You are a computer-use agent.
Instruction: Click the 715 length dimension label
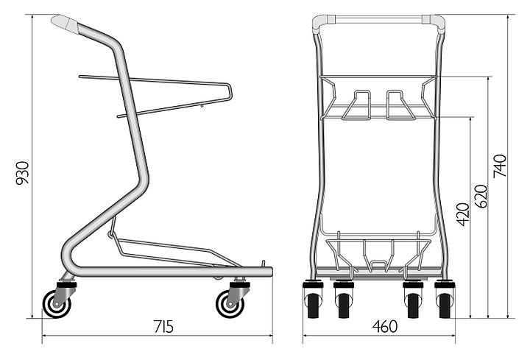[163, 327]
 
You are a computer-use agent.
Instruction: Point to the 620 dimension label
[483, 195]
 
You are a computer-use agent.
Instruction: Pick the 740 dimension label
[502, 169]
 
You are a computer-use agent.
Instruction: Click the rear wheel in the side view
[54, 303]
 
